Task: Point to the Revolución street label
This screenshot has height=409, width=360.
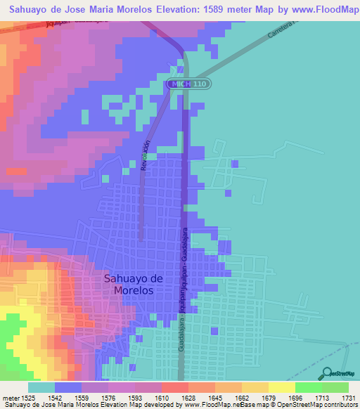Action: click(146, 156)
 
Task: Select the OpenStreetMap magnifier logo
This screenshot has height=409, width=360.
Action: click(326, 374)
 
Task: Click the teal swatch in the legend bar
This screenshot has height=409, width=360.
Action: click(41, 387)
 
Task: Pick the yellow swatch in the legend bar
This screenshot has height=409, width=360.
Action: click(281, 387)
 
